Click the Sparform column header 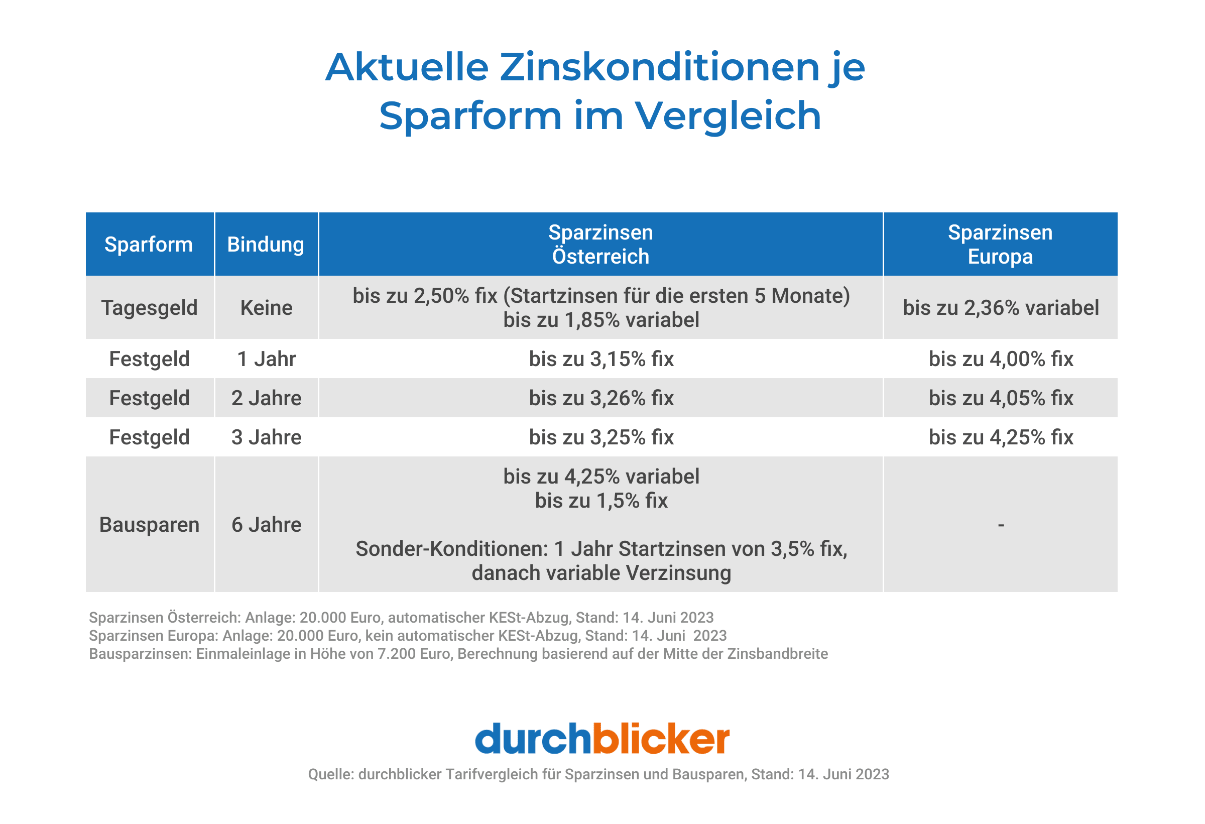tap(149, 244)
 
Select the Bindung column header tap(266, 244)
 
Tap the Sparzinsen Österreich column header tap(600, 244)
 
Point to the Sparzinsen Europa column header tap(1000, 244)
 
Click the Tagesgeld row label tap(149, 307)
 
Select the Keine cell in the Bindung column tap(266, 307)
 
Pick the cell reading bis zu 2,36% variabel tap(1001, 307)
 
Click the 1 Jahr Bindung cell tap(266, 359)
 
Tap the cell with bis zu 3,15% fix tap(601, 359)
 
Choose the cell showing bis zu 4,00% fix tap(1001, 359)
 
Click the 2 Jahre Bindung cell tap(266, 398)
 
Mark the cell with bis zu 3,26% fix tap(601, 398)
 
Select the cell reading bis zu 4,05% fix tap(1001, 398)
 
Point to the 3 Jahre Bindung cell tap(266, 437)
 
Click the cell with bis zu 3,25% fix tap(601, 437)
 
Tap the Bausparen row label tap(149, 524)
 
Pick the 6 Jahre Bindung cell tap(266, 524)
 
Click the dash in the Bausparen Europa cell tap(1001, 525)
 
